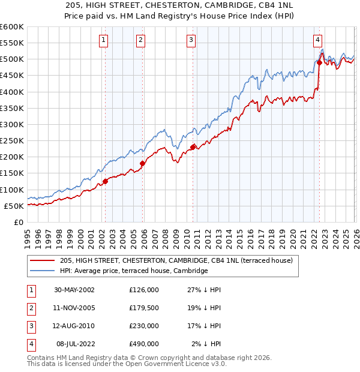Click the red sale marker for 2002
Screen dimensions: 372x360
point(105,181)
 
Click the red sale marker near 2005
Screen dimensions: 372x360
point(142,163)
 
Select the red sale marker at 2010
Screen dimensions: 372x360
point(193,146)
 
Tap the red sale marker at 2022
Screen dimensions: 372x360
point(319,62)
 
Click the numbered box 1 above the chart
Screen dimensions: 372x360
point(104,40)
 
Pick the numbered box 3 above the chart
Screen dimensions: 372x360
point(191,40)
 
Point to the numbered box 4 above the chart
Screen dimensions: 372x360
point(317,40)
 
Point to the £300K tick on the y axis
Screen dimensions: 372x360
point(12,124)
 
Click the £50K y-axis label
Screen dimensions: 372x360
point(14,206)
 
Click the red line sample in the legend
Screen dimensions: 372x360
point(42,260)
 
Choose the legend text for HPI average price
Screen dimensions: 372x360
point(133,271)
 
